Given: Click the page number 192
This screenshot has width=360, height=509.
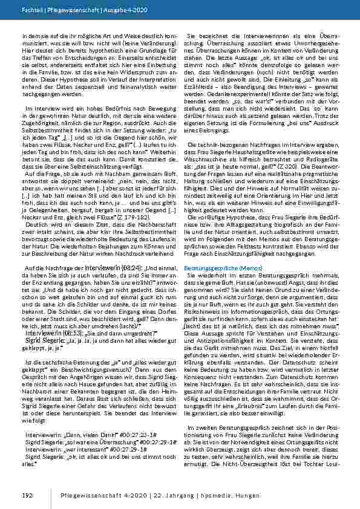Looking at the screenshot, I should coord(27,495).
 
